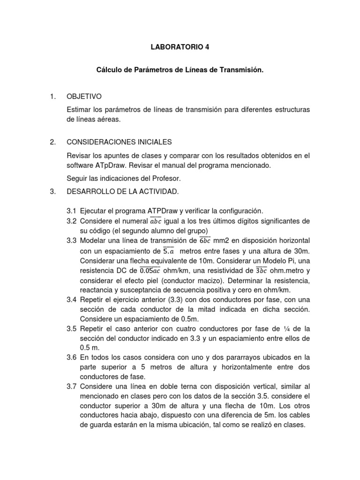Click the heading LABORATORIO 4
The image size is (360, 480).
point(180,47)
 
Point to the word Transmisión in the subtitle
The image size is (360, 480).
point(240,70)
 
